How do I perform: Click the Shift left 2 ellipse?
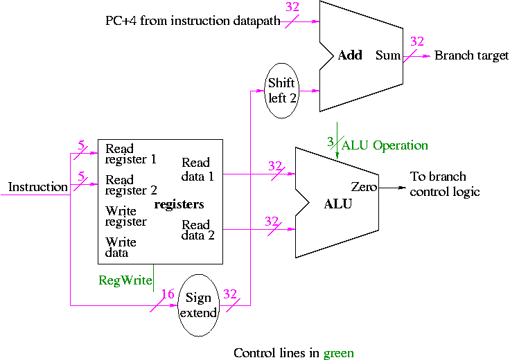tap(283, 91)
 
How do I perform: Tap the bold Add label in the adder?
tap(350, 55)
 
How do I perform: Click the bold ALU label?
tap(338, 204)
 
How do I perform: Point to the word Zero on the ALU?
tap(364, 187)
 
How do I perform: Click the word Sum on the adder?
tap(388, 55)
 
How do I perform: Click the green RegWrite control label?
tap(122, 280)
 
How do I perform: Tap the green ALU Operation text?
tap(385, 145)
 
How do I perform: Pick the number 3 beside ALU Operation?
tap(331, 142)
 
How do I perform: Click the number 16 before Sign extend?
tap(167, 294)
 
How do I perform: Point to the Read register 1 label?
tap(130, 154)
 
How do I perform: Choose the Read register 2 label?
tap(130, 185)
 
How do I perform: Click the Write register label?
tap(125, 216)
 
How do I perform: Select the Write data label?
tap(121, 248)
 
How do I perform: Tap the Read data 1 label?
tap(197, 170)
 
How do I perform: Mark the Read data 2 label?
tap(197, 230)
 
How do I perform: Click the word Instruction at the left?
tap(37, 187)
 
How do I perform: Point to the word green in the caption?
tap(338, 353)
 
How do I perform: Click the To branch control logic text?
tap(444, 184)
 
